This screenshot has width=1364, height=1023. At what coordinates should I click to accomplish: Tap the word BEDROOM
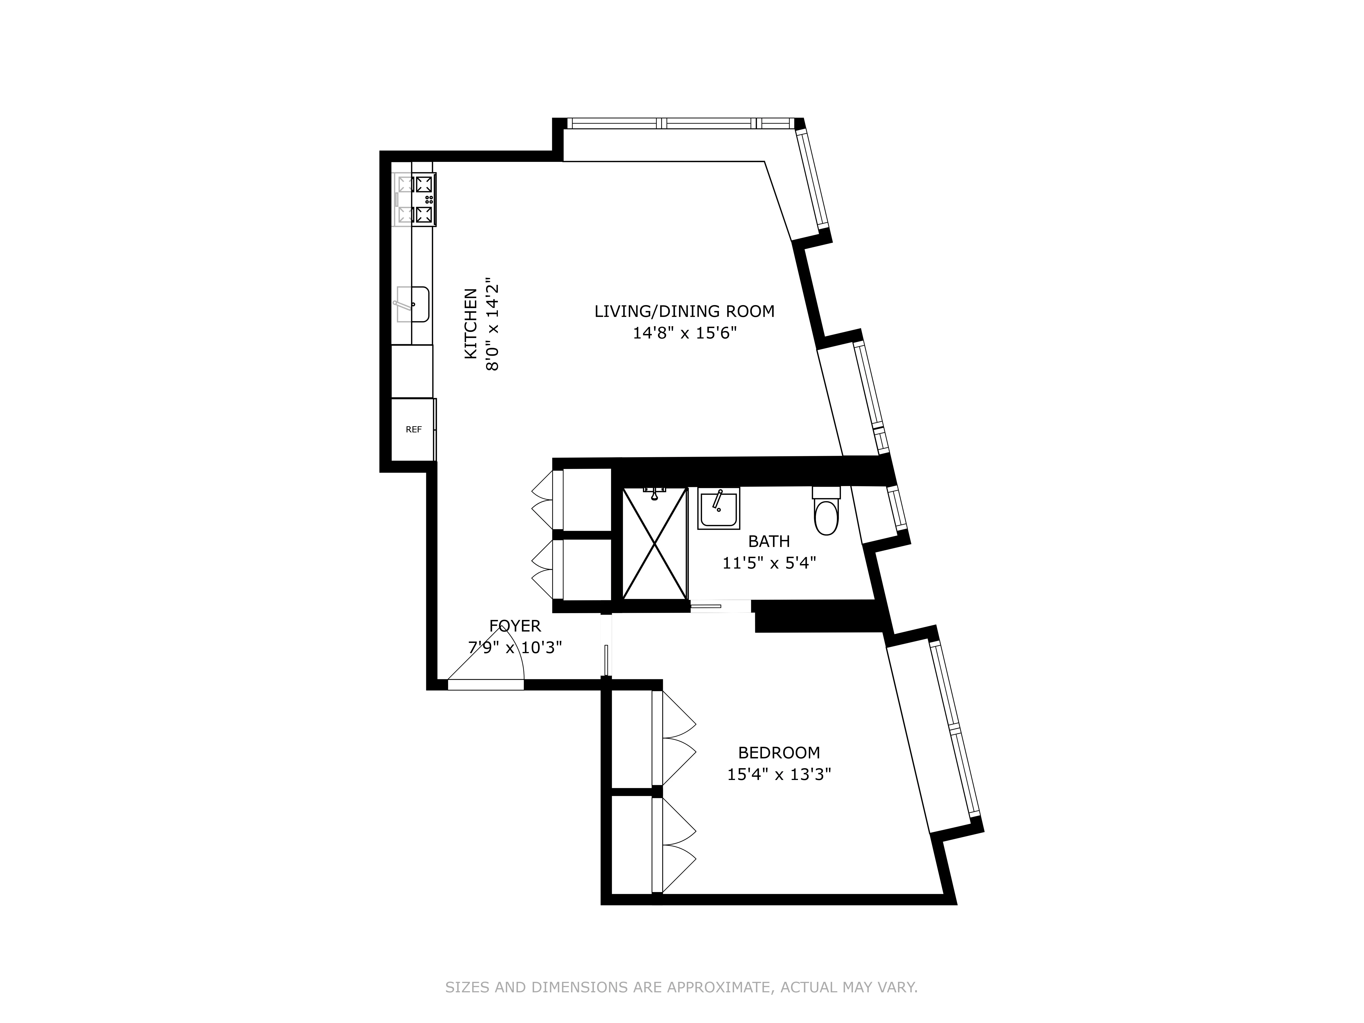(779, 753)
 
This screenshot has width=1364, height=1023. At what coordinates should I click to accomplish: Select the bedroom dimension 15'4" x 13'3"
(779, 775)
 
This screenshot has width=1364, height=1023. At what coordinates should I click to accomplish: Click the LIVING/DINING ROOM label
(684, 311)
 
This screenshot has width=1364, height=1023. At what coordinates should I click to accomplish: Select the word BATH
(768, 542)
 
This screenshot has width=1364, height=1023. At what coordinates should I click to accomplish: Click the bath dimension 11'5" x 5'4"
(769, 563)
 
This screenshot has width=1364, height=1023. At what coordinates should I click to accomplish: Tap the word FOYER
(515, 627)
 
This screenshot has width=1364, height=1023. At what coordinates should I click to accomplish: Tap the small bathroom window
(897, 508)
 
